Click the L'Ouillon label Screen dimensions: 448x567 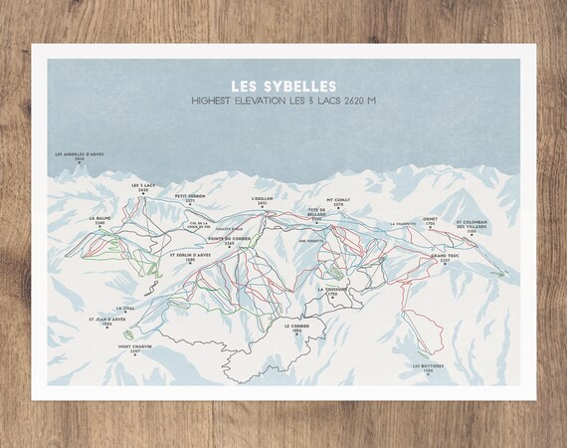pos(262,199)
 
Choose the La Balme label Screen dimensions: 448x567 pos(98,219)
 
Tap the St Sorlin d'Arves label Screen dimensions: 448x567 pos(189,256)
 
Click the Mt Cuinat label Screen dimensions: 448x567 pos(339,199)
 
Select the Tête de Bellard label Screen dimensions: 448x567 pos(316,212)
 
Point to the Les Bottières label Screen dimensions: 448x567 pos(429,367)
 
